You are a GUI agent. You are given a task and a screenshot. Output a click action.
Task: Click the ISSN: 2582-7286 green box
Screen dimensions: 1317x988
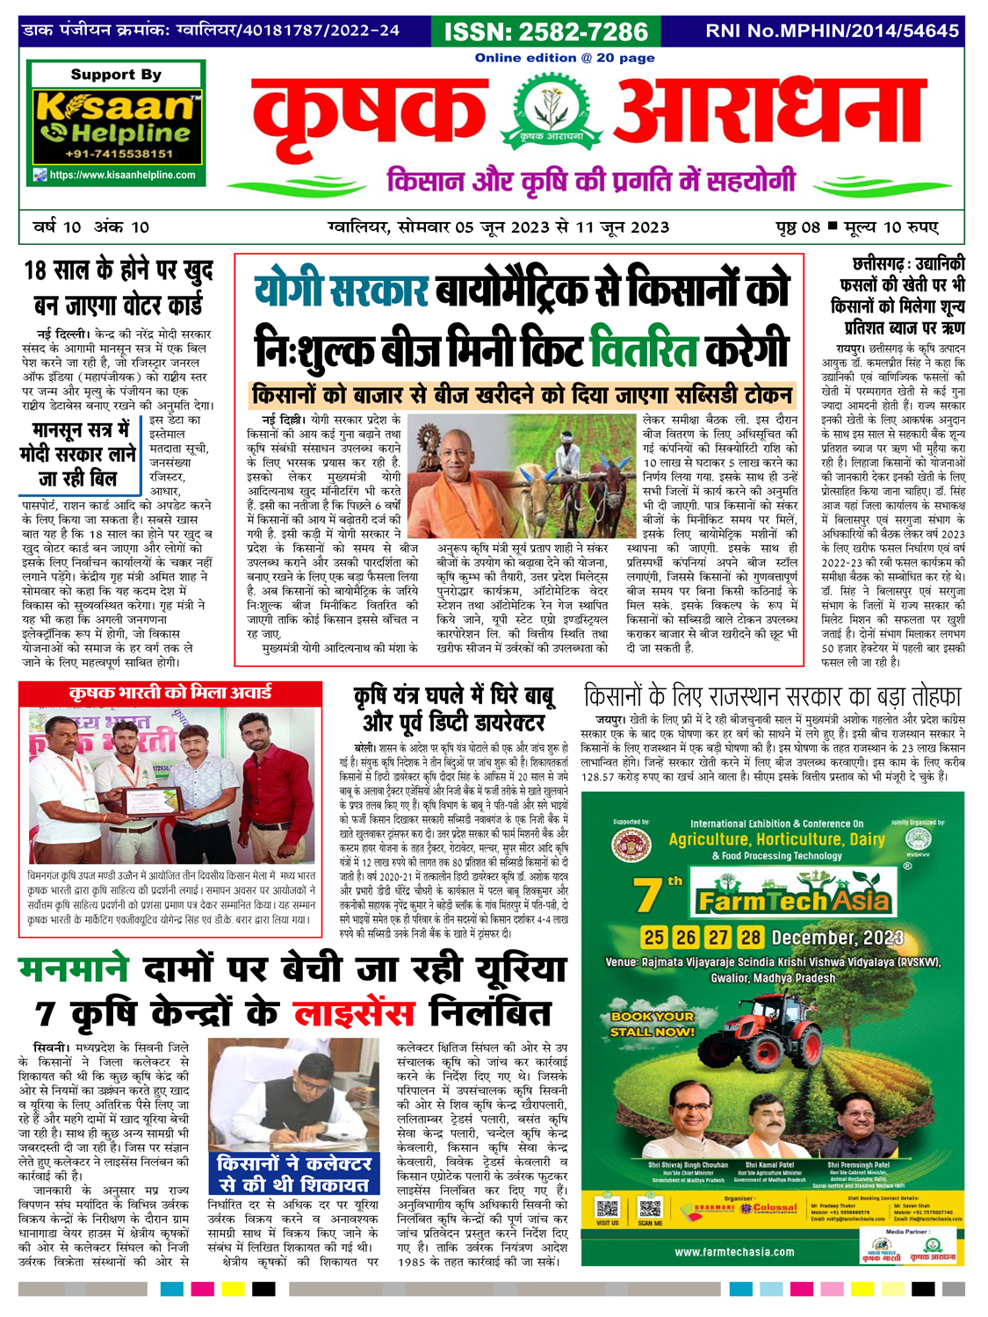546,32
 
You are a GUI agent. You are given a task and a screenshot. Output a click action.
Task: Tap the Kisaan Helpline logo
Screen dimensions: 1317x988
116,120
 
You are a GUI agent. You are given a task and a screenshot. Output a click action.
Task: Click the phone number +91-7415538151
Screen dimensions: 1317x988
118,155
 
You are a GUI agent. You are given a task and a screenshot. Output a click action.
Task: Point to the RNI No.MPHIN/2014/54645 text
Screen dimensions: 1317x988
832,31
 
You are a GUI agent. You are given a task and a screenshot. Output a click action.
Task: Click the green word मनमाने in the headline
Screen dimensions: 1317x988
74,969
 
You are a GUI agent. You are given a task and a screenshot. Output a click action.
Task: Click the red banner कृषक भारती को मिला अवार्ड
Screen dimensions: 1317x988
170,693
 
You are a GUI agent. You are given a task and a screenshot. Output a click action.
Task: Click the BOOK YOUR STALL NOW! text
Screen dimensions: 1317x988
653,1024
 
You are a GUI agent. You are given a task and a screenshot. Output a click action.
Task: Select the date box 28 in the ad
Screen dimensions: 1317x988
750,937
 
